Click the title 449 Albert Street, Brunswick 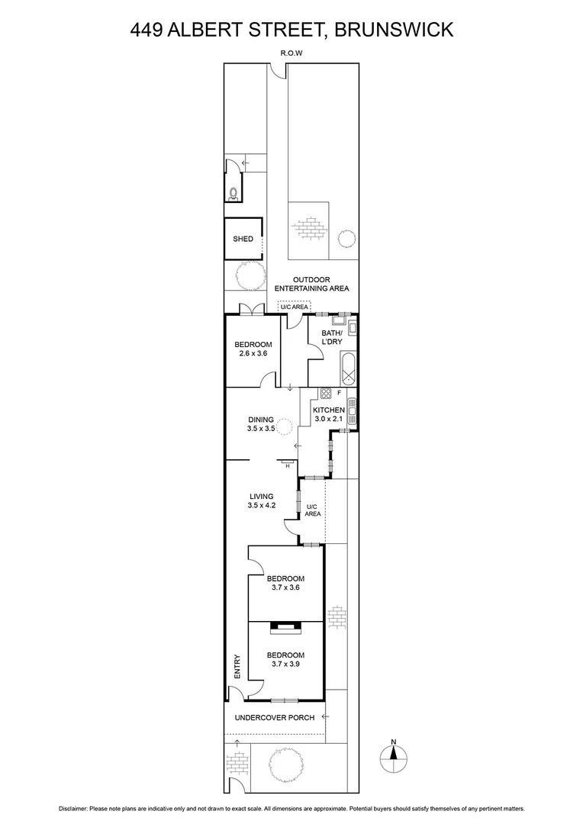point(291,30)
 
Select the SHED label point(243,239)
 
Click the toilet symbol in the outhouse point(233,193)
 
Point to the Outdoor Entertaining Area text point(311,284)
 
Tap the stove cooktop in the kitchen point(325,394)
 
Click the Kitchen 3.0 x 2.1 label point(330,415)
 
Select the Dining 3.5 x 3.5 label point(260,424)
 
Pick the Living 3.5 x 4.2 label point(260,501)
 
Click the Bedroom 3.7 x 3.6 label point(285,583)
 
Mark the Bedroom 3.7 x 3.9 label point(285,659)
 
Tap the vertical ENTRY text point(237,667)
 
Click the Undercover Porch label point(274,717)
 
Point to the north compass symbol point(394,755)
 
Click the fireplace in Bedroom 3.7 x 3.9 point(287,627)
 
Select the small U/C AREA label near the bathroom point(293,307)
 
